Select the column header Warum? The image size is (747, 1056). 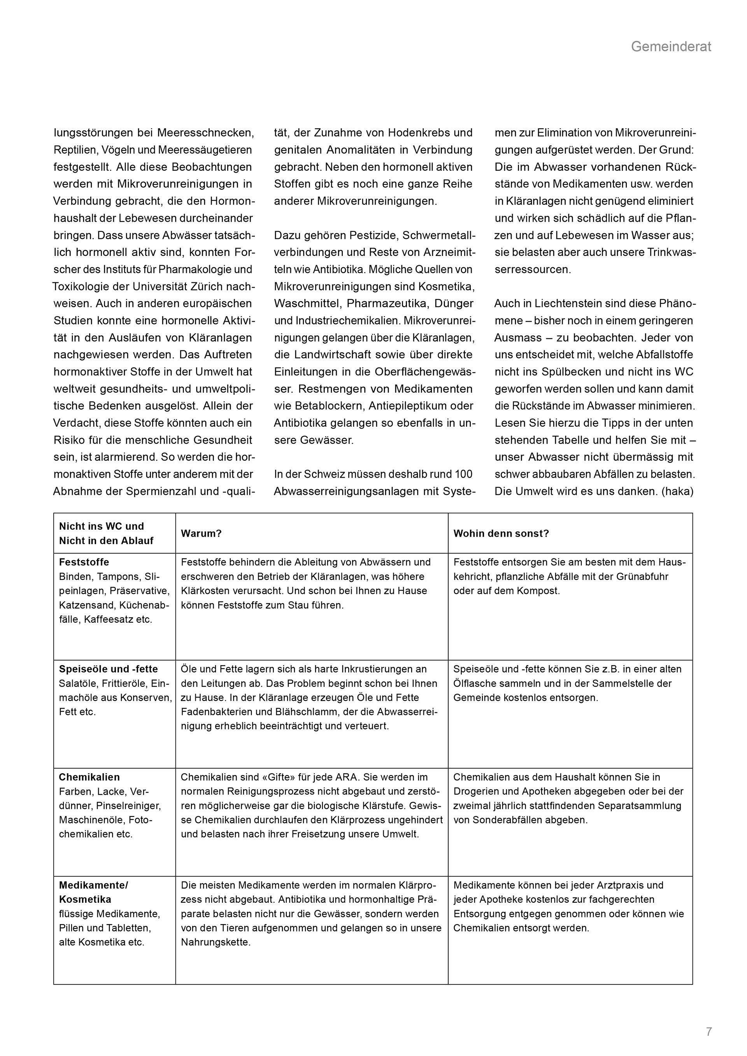click(201, 534)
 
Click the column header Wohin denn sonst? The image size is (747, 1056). click(501, 534)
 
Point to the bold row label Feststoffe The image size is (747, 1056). click(84, 562)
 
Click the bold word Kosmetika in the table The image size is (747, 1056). click(85, 899)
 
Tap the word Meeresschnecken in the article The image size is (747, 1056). click(205, 133)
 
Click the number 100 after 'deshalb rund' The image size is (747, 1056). click(463, 474)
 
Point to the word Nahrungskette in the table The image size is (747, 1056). click(215, 942)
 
